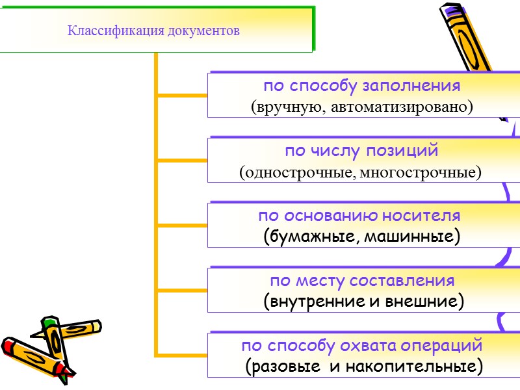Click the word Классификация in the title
tap(108, 31)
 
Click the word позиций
tap(408, 151)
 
